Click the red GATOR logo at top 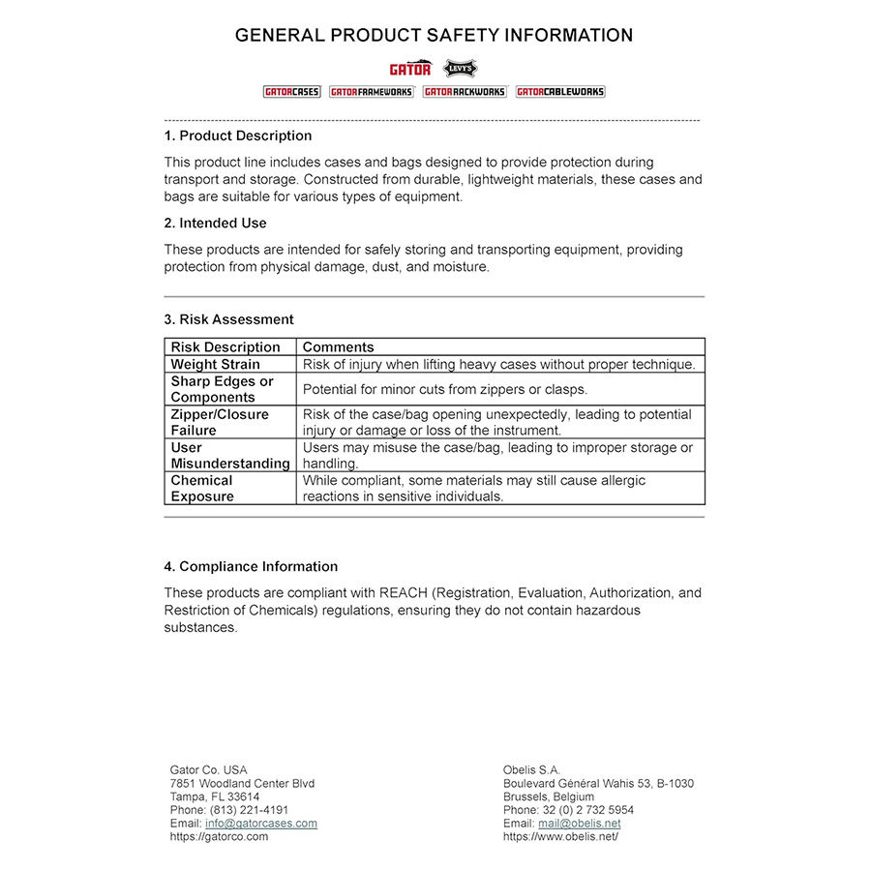[410, 69]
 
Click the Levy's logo [460, 68]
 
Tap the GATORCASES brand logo [291, 92]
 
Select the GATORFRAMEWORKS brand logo [372, 92]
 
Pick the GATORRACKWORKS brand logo [465, 92]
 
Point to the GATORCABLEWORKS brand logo [560, 92]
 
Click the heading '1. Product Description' [238, 135]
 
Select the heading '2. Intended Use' [215, 224]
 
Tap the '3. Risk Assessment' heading [228, 319]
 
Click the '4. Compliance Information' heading [251, 566]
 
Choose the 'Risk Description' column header [225, 346]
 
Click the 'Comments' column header [338, 346]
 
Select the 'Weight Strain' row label [215, 365]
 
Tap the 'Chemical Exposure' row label [202, 489]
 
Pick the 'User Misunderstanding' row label [229, 456]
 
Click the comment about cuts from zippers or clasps [444, 389]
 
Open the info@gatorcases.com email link [261, 824]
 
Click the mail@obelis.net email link [580, 824]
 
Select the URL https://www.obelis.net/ [560, 836]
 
